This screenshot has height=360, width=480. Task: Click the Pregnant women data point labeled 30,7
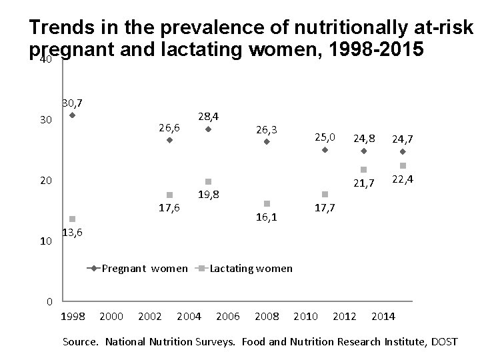(72, 115)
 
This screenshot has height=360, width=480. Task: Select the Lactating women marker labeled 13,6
(72, 219)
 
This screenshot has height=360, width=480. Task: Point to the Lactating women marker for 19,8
(208, 181)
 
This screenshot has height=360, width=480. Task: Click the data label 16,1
(267, 217)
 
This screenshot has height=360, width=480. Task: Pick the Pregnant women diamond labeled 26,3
(267, 141)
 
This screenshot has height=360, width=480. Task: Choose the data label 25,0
(325, 137)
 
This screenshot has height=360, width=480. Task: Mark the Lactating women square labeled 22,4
(403, 165)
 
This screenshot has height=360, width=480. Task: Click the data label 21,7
(364, 183)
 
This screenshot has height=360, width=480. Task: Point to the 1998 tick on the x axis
(73, 315)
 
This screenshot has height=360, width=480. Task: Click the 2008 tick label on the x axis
(267, 315)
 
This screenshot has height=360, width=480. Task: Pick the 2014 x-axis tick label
(383, 315)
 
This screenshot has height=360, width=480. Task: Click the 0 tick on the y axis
(49, 302)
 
